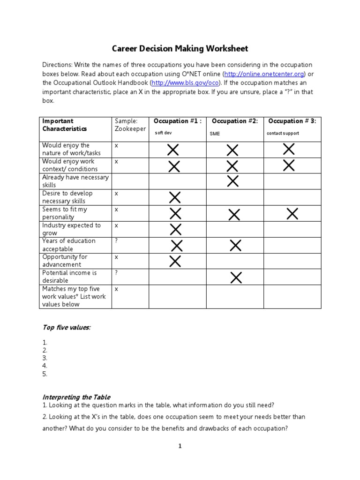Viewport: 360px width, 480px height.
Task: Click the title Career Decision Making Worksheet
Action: [180, 49]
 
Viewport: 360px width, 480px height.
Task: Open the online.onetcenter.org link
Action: [264, 74]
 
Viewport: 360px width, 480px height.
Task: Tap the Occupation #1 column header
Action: [177, 121]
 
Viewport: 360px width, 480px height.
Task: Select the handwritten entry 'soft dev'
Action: [163, 133]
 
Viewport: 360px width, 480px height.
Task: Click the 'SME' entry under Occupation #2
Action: [215, 134]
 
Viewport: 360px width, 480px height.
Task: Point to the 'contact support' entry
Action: [283, 133]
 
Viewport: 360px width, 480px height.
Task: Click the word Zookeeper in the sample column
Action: [130, 129]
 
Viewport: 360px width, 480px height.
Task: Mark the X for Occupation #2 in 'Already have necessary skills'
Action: [232, 181]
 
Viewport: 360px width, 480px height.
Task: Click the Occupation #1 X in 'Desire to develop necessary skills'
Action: [175, 197]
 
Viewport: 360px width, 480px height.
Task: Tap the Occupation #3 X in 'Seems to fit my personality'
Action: [292, 214]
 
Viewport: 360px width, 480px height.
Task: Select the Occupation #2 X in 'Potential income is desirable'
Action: [236, 277]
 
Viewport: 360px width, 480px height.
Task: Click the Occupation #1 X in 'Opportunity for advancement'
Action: [175, 261]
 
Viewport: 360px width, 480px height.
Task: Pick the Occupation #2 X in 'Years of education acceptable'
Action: [235, 245]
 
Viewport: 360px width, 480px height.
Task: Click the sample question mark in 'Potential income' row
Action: [116, 273]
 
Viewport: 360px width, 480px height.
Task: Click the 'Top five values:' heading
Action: [66, 328]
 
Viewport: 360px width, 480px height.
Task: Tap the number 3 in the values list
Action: [45, 358]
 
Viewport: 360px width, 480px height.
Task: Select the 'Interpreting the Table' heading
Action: [76, 397]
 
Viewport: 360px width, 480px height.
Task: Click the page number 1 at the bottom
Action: [180, 446]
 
